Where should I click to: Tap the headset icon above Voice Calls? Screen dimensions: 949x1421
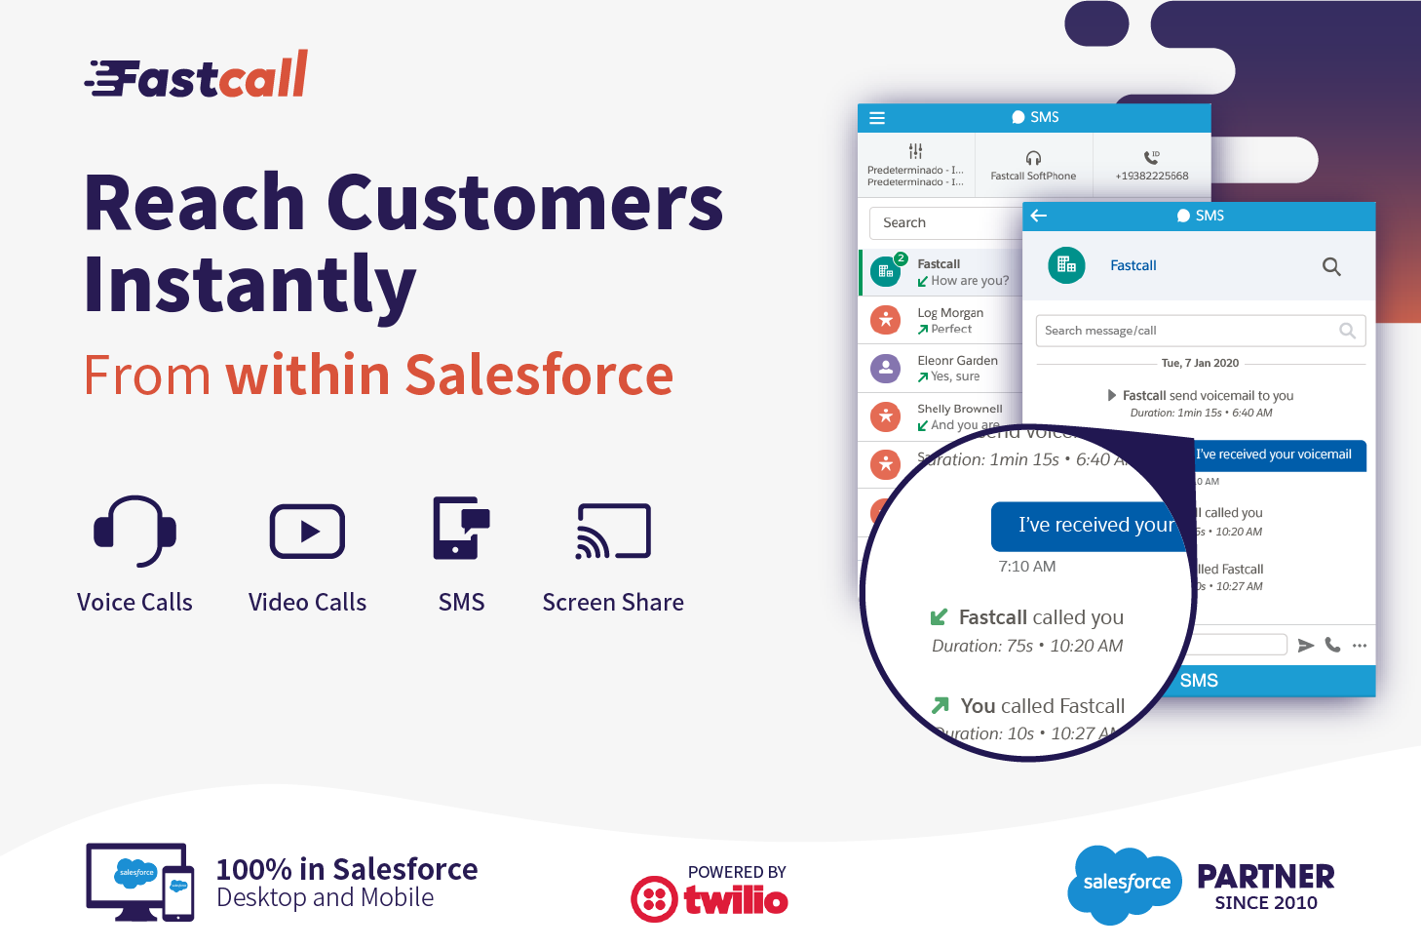tap(135, 531)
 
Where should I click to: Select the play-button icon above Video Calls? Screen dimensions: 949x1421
tap(307, 532)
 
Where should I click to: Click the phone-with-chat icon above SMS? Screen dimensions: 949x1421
tap(461, 528)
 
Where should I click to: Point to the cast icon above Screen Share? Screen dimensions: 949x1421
tap(613, 532)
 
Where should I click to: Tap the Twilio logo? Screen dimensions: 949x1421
tap(710, 898)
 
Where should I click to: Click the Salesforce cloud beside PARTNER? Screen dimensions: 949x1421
tap(1126, 883)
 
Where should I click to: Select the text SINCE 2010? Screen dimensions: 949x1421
tap(1265, 903)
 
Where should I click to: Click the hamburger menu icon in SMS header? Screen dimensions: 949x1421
tap(877, 118)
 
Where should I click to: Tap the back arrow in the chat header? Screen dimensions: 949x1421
tap(1039, 216)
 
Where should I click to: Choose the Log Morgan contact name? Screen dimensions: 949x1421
tap(950, 313)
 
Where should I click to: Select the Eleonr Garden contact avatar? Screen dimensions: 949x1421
tap(885, 368)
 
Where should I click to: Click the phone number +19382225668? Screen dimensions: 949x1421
tap(1152, 176)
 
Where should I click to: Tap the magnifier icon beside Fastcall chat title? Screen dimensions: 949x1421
tap(1331, 266)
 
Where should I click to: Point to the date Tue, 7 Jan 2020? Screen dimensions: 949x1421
tap(1200, 363)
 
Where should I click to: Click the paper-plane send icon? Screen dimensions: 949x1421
tap(1306, 645)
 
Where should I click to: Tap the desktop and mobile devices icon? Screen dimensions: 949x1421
tap(139, 882)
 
